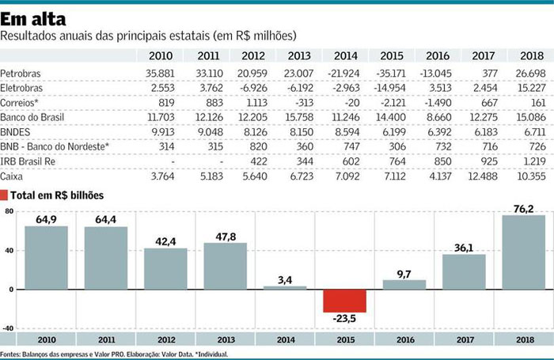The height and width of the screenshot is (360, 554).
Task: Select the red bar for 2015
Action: (344, 301)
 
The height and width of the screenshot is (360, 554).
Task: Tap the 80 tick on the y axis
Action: (9, 211)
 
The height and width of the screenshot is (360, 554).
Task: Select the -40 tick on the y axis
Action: (9, 328)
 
